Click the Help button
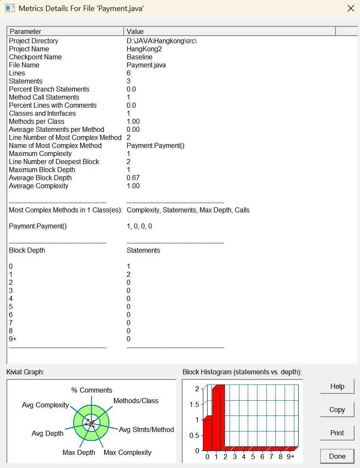337,387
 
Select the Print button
337,433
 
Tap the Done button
337,456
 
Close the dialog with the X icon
351,8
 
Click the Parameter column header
66,31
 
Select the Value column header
229,31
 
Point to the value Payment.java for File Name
146,65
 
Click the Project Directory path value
162,41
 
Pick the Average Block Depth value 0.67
133,178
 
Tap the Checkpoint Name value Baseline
139,57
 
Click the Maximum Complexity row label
40,153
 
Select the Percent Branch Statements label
49,89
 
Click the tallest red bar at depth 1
216,420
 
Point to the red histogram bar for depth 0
207,435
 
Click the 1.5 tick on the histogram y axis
194,404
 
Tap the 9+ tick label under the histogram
291,457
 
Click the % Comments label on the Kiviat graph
91,390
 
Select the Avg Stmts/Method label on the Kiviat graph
147,429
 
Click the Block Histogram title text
242,372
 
